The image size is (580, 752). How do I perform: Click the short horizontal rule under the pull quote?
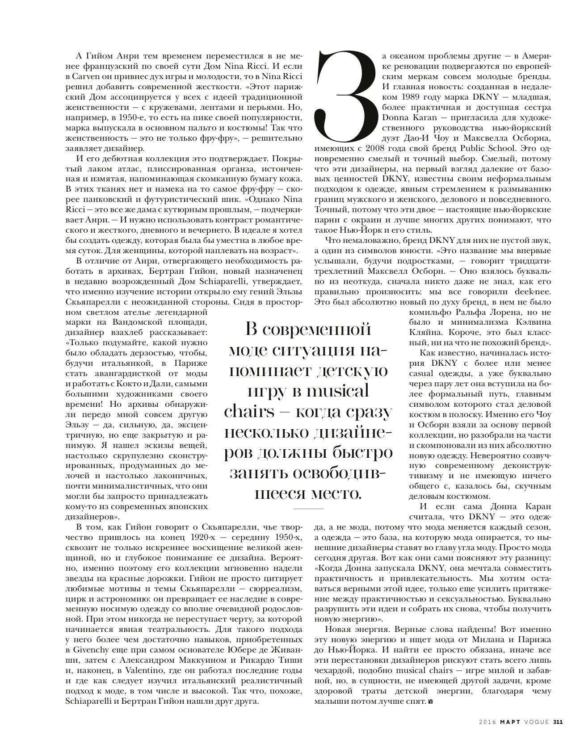[x=308, y=509]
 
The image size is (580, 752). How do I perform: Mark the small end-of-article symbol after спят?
[x=431, y=702]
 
